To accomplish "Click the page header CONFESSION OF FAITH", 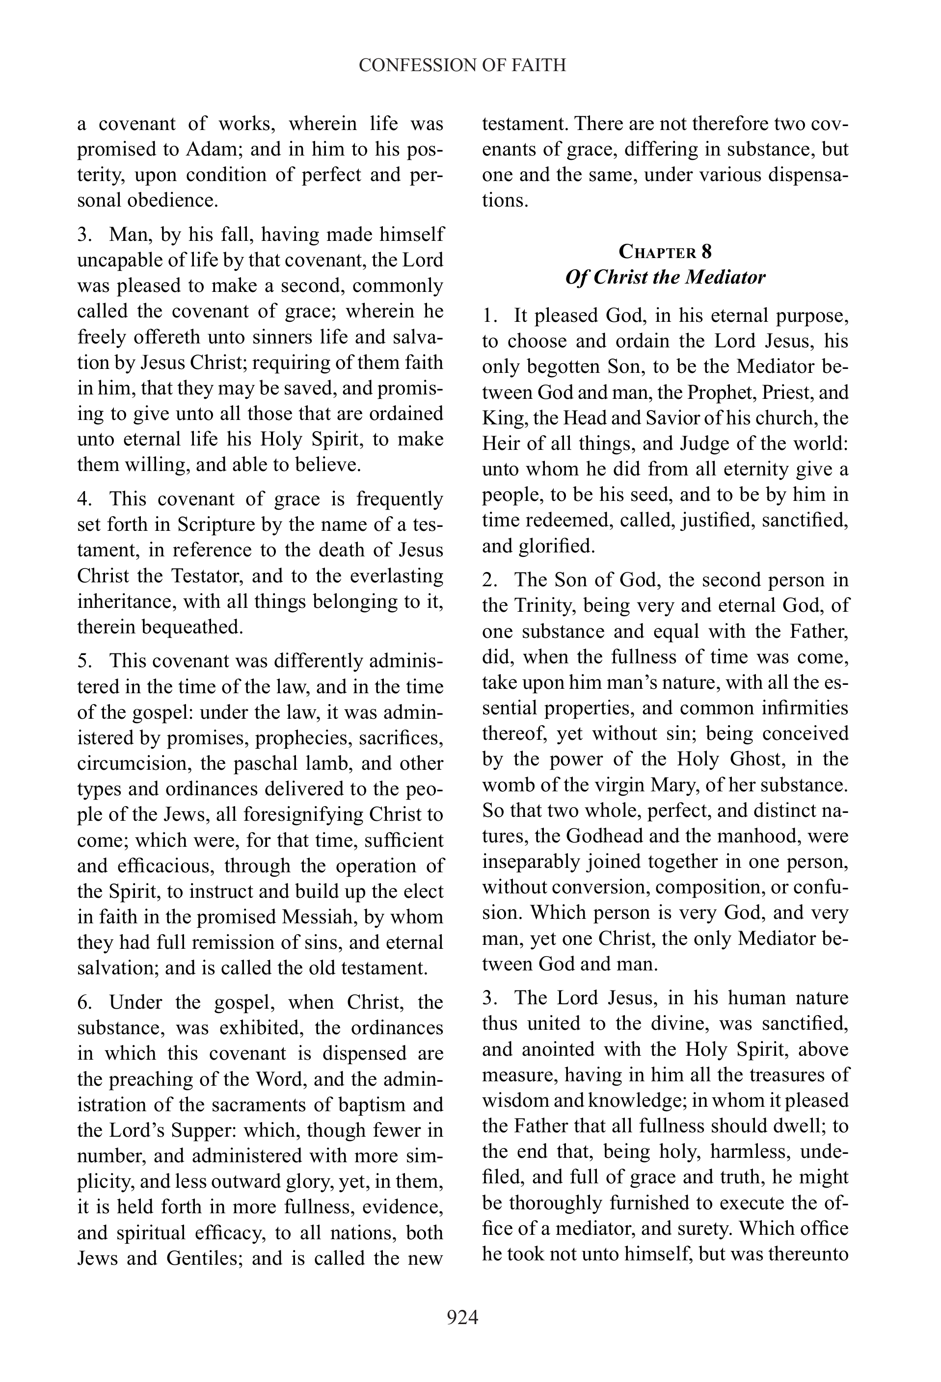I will (462, 65).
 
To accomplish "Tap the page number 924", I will (462, 1318).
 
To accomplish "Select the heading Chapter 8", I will (665, 252).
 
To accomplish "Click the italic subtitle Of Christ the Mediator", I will (665, 278).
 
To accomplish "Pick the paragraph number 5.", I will (83, 661).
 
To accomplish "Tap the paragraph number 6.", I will (83, 1003).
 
